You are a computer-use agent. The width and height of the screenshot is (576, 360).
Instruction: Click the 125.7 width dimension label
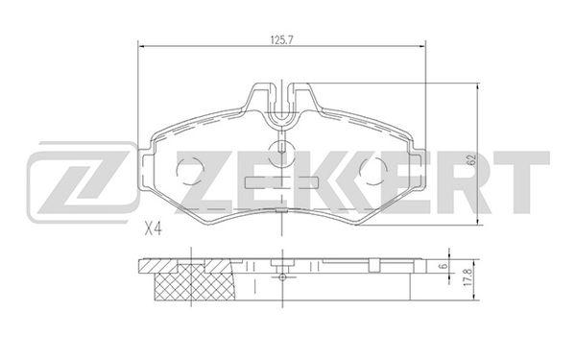click(281, 40)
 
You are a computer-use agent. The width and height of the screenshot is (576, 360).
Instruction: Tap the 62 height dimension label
click(471, 159)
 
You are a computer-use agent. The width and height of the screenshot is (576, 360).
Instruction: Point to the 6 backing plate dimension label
click(444, 266)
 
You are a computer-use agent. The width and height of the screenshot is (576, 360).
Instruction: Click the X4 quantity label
click(153, 230)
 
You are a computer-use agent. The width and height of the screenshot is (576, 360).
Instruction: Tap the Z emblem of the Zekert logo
click(82, 182)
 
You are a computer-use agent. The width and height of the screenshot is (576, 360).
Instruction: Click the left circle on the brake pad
click(190, 171)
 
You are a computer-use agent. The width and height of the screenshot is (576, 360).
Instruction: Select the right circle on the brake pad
click(373, 171)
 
